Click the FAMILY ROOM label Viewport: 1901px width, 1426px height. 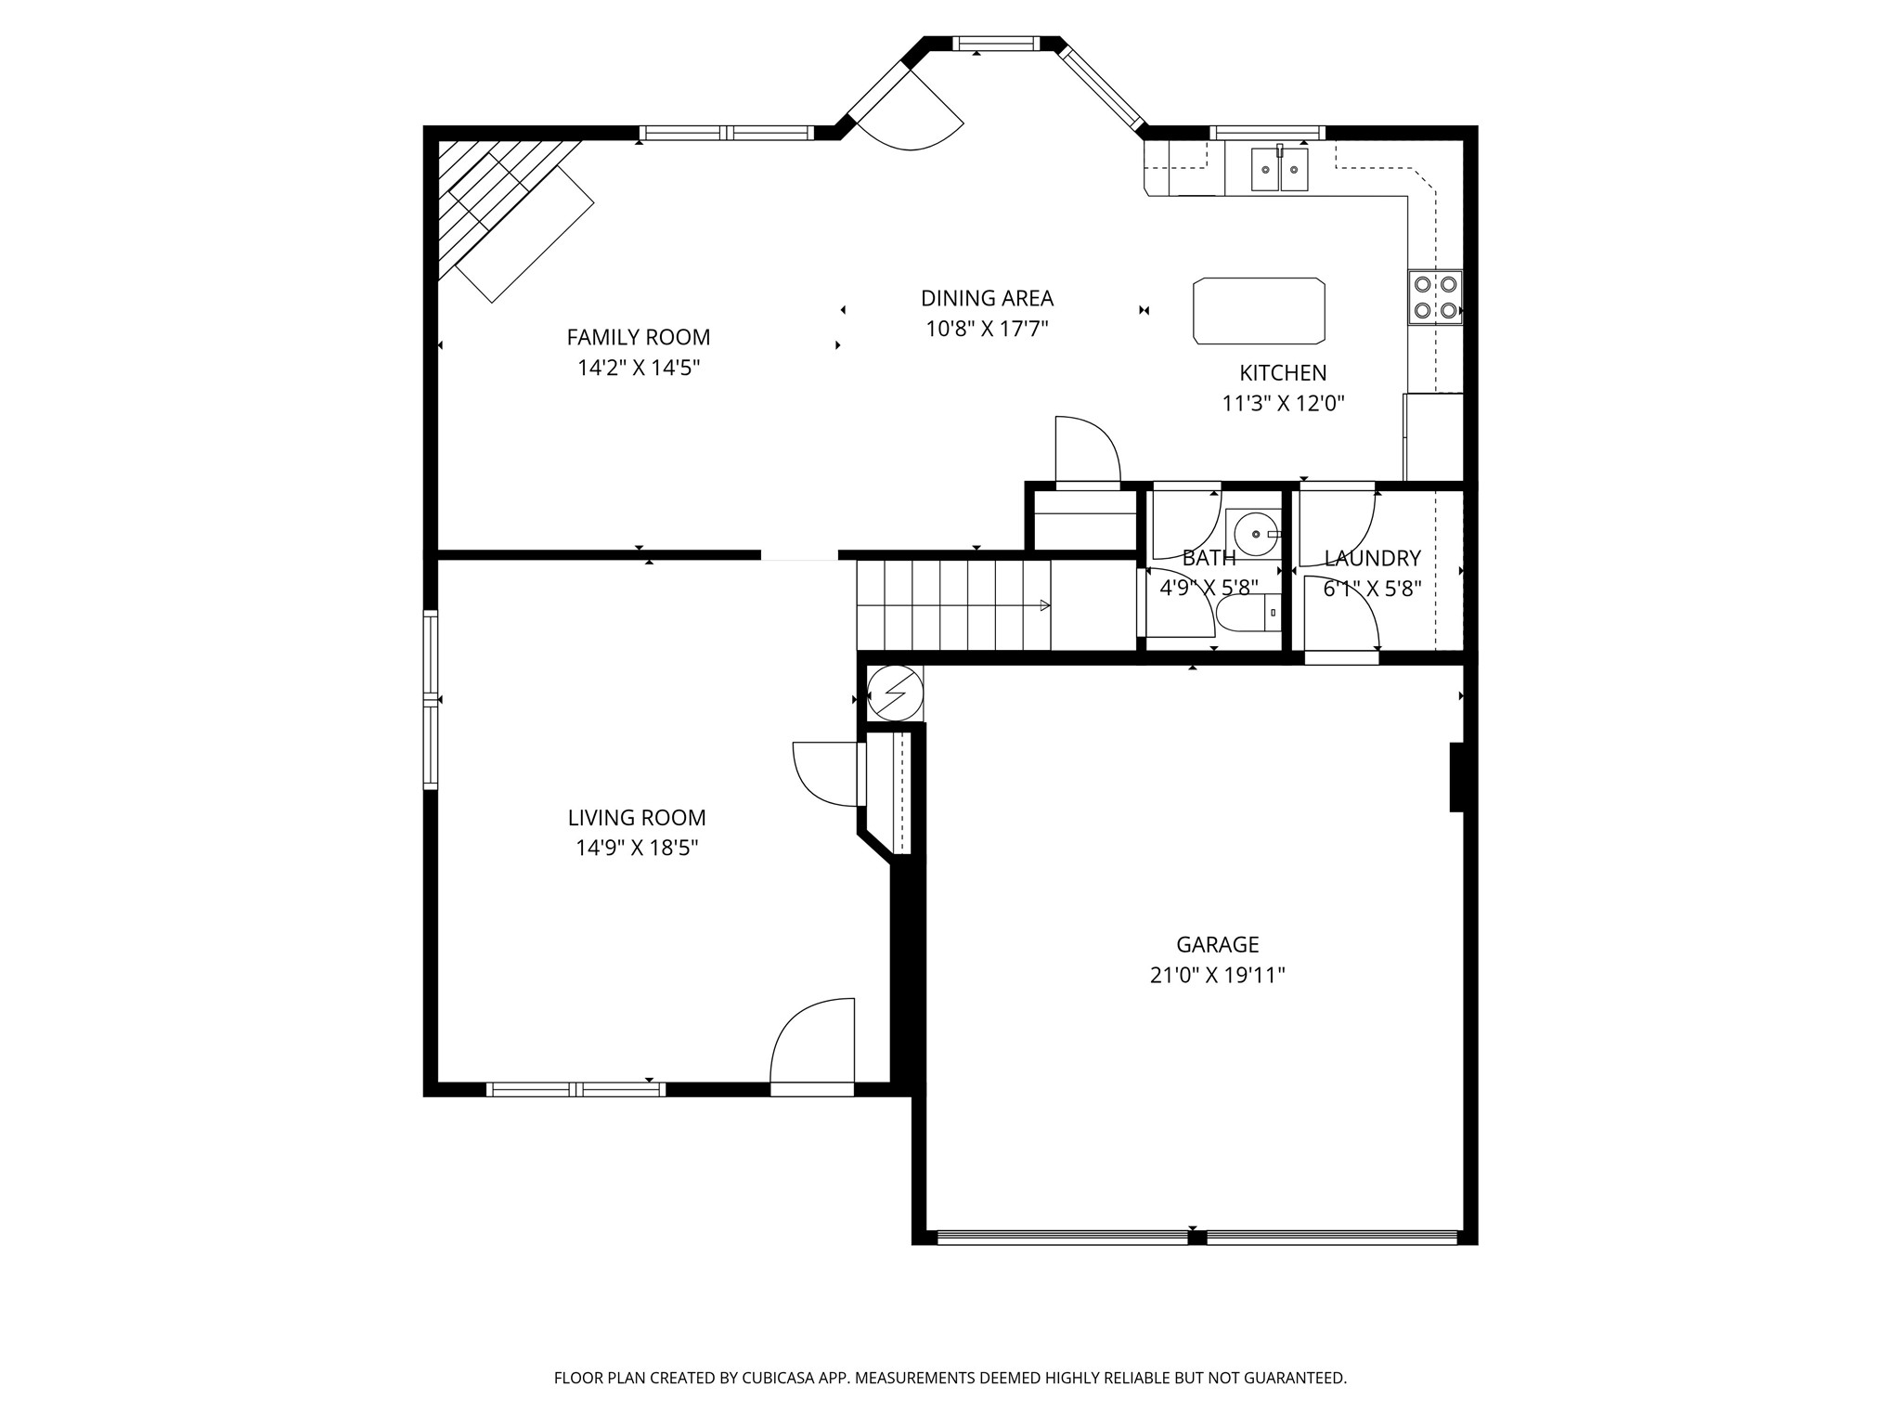(x=638, y=337)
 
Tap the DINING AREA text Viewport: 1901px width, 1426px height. (x=987, y=298)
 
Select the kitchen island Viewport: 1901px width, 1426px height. (x=1259, y=311)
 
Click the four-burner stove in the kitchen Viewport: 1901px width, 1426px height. (x=1435, y=297)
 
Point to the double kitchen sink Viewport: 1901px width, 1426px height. (x=1279, y=169)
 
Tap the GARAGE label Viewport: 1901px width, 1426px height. (x=1217, y=944)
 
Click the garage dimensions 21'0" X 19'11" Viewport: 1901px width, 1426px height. (x=1217, y=975)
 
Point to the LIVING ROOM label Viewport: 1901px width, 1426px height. (x=637, y=818)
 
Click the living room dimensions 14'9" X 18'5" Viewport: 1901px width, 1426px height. (x=637, y=848)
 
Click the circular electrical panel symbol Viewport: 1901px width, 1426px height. (x=895, y=693)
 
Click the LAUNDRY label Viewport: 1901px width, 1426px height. (x=1372, y=558)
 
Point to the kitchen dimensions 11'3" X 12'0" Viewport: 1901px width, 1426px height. (x=1283, y=403)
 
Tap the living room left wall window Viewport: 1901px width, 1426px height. (x=431, y=700)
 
